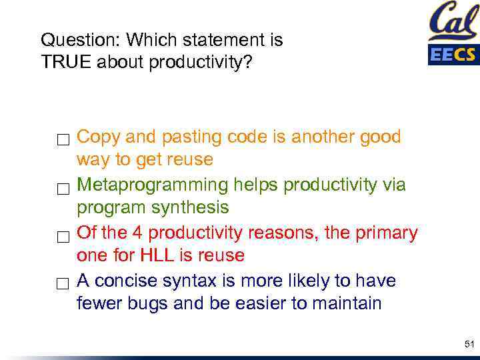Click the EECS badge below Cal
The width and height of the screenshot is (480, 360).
point(453,54)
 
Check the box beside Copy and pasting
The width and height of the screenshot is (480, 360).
point(63,140)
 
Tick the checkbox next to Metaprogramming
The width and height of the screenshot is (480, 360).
point(63,188)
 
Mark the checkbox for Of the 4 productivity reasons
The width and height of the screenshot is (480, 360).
point(63,236)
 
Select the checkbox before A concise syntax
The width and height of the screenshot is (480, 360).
point(63,284)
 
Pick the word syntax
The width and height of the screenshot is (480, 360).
point(190,281)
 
